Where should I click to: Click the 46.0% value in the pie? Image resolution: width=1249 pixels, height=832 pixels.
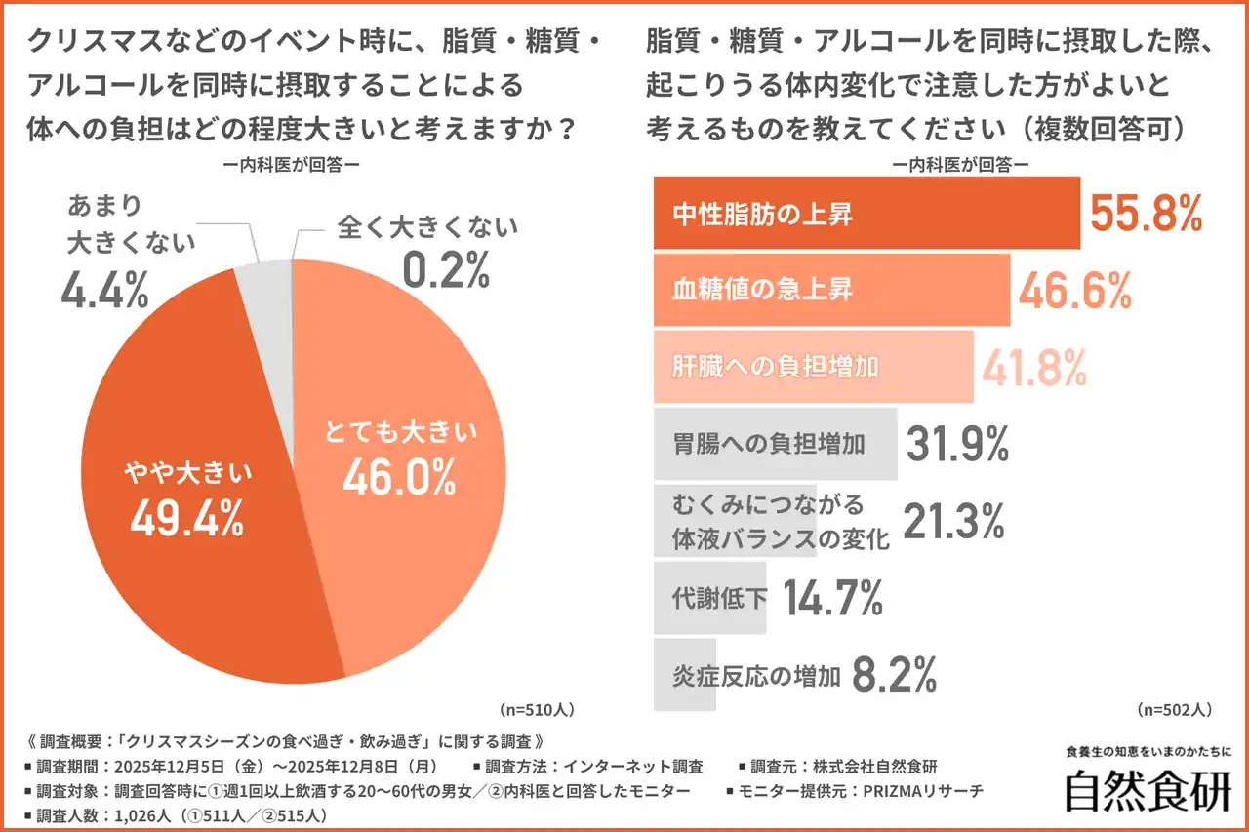[399, 477]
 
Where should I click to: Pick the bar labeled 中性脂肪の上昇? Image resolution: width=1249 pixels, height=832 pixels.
[866, 214]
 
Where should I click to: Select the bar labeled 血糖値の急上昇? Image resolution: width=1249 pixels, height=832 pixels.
[830, 290]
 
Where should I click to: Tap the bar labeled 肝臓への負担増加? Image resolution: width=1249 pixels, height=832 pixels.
[812, 366]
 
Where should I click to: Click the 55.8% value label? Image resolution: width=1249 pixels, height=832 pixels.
[1146, 214]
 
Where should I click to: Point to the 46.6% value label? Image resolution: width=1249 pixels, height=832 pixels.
[1075, 290]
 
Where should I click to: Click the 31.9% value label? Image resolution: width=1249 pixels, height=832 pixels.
[957, 445]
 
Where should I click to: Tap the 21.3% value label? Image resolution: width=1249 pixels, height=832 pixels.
[953, 522]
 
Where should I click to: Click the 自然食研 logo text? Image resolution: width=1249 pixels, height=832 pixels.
[1148, 791]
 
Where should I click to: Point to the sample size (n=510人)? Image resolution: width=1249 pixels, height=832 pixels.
[536, 709]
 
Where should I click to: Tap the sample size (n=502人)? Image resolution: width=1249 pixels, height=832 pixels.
[1175, 709]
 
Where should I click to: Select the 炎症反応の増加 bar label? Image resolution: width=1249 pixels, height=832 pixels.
[756, 675]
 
